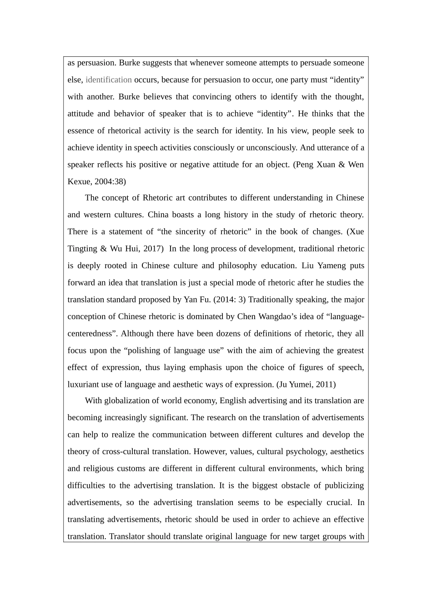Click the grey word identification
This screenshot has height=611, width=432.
click(x=109, y=80)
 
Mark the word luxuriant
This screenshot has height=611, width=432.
click(x=83, y=384)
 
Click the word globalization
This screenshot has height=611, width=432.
click(x=127, y=401)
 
